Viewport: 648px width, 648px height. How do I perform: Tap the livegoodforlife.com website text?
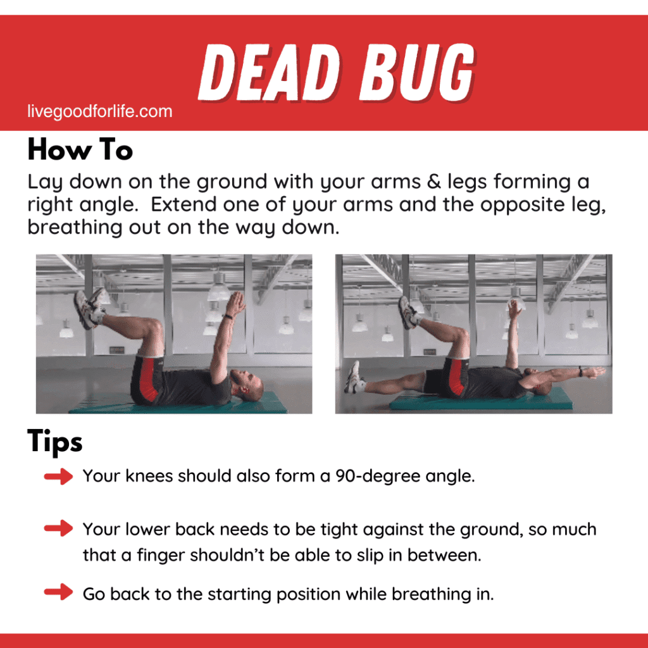click(100, 112)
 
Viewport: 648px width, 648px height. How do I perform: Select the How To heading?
click(80, 151)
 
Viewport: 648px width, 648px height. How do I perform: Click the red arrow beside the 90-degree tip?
click(59, 477)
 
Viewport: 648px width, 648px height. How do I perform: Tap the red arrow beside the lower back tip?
click(59, 528)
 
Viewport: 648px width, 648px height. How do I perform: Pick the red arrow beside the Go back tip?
click(59, 593)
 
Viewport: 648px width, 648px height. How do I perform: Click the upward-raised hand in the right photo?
click(515, 309)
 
